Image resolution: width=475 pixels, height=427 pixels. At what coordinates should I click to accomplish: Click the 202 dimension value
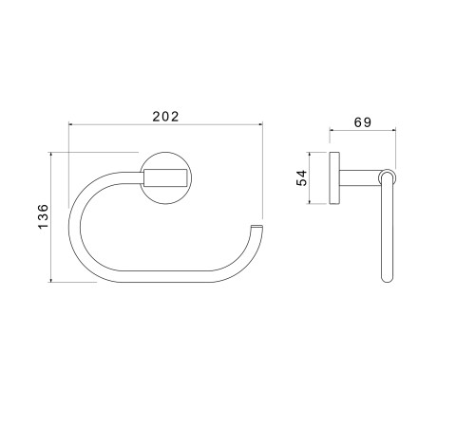[165, 117]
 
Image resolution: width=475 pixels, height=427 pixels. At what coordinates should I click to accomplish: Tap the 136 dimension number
[44, 216]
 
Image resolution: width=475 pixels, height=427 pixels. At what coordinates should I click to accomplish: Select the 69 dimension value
[363, 122]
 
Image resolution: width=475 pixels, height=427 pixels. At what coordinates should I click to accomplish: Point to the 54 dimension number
[302, 177]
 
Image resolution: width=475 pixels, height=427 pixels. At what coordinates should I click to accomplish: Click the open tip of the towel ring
[256, 227]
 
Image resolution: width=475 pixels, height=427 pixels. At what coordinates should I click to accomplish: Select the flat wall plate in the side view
[334, 178]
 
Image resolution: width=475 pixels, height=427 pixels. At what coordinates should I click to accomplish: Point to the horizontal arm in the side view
[360, 178]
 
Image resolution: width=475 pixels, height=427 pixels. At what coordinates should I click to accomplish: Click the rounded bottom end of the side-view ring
[388, 278]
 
